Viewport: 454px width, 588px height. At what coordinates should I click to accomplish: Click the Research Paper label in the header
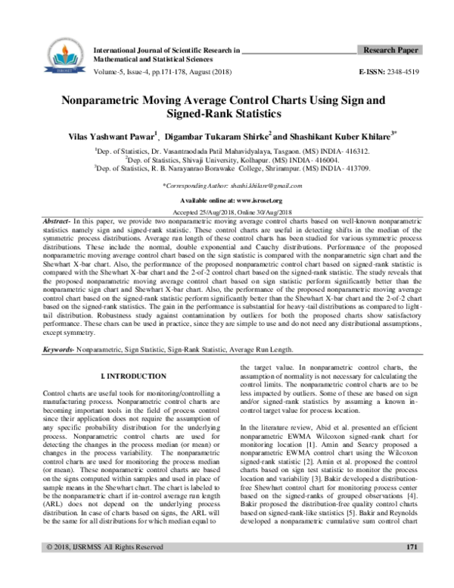(390, 50)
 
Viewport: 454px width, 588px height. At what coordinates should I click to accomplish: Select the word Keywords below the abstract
(59, 350)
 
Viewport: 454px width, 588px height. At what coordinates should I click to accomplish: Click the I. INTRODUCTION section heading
(133, 376)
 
